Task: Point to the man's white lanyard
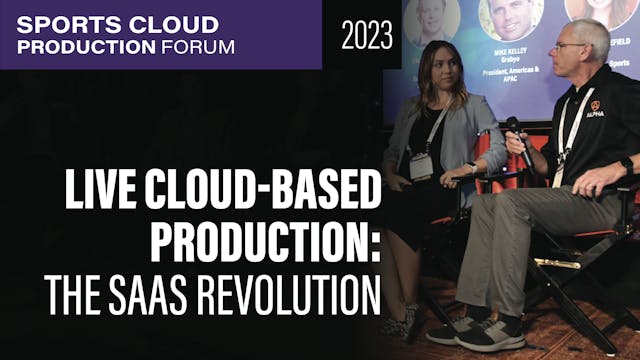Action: [x=566, y=130]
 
